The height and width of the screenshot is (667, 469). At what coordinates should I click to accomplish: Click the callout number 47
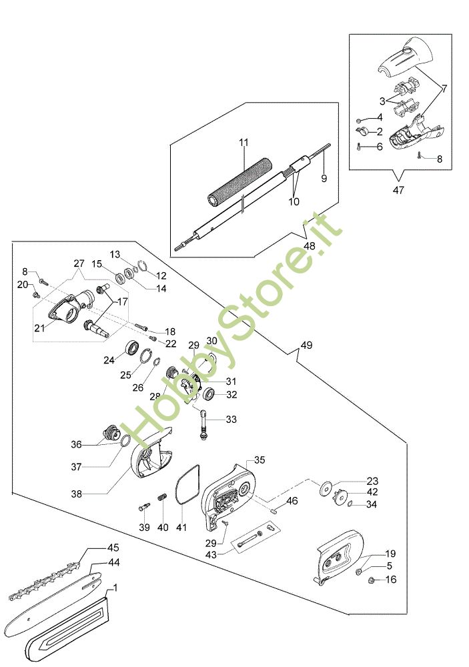point(398,190)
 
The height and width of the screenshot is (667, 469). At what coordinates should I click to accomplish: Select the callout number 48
point(310,246)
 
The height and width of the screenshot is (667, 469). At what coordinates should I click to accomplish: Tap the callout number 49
point(306,346)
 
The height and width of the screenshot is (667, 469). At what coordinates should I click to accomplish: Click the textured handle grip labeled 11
point(240,183)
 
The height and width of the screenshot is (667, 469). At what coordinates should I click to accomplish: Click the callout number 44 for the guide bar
point(113,562)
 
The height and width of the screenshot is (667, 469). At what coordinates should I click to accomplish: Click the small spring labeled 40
point(162,496)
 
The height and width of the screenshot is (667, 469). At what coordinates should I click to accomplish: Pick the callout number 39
point(144,528)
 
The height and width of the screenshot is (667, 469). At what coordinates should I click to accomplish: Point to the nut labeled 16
point(371,580)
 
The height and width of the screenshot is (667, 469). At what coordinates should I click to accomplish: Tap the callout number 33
point(231,420)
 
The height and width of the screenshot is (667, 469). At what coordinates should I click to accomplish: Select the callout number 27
point(79,263)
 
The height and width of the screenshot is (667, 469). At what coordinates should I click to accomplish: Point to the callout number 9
point(324,178)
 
